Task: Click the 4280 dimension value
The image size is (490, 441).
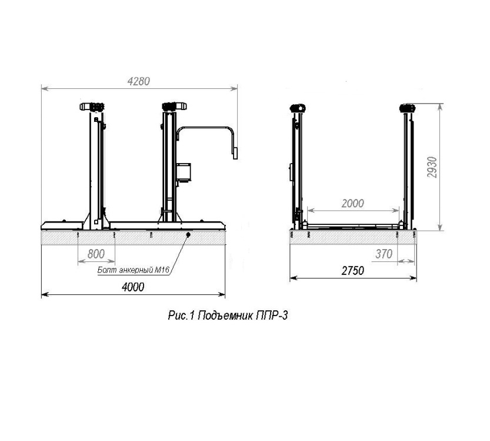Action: coord(138,81)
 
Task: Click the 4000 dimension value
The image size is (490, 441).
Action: coord(133,287)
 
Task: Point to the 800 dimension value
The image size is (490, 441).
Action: coord(96,254)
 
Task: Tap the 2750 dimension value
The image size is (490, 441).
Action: coord(353,270)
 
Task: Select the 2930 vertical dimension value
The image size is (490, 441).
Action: coord(432,167)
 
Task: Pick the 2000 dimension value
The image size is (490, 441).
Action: coord(353,204)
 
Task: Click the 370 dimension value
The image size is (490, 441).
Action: coord(384,254)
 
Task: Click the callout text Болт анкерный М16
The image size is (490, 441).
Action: coord(133,270)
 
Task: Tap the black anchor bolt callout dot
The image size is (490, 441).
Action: coord(188,234)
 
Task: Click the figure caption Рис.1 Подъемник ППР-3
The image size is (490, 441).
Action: coord(228,315)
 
